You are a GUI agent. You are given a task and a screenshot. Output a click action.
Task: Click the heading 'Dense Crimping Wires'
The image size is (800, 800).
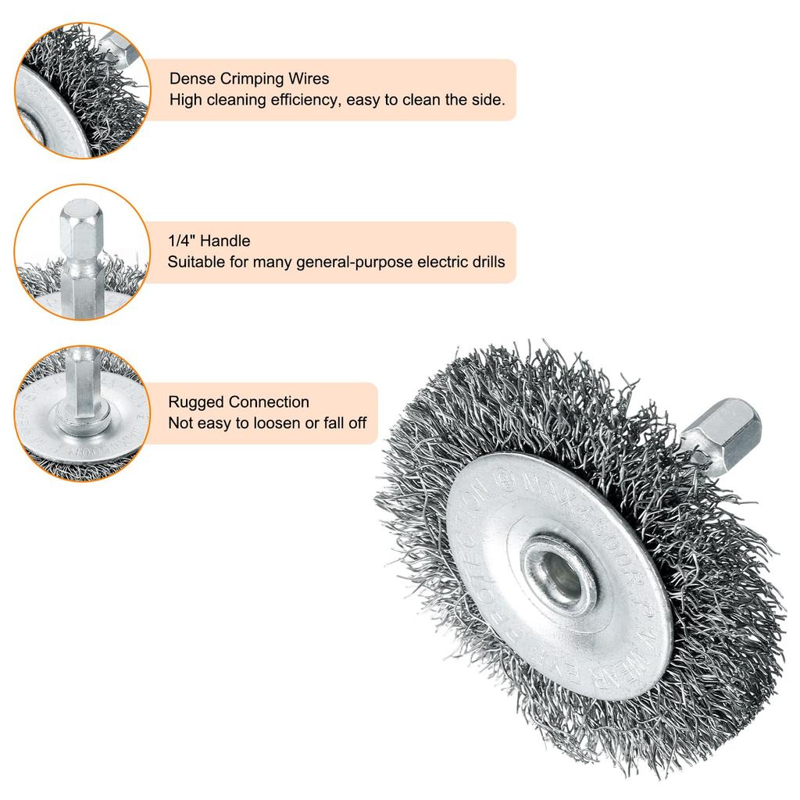(x=249, y=79)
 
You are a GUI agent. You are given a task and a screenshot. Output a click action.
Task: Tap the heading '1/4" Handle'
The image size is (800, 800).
(x=209, y=241)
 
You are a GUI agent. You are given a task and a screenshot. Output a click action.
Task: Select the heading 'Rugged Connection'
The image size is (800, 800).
(x=239, y=402)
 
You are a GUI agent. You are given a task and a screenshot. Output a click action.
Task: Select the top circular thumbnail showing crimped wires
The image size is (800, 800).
(x=82, y=90)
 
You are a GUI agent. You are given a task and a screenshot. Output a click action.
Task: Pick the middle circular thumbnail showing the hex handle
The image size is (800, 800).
(x=82, y=252)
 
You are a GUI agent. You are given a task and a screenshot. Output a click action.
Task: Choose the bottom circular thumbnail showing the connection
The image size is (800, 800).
(x=82, y=413)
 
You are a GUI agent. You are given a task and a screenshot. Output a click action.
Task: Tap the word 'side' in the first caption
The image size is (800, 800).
(x=491, y=100)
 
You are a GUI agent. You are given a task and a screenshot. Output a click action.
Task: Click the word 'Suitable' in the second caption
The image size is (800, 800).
(x=195, y=262)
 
